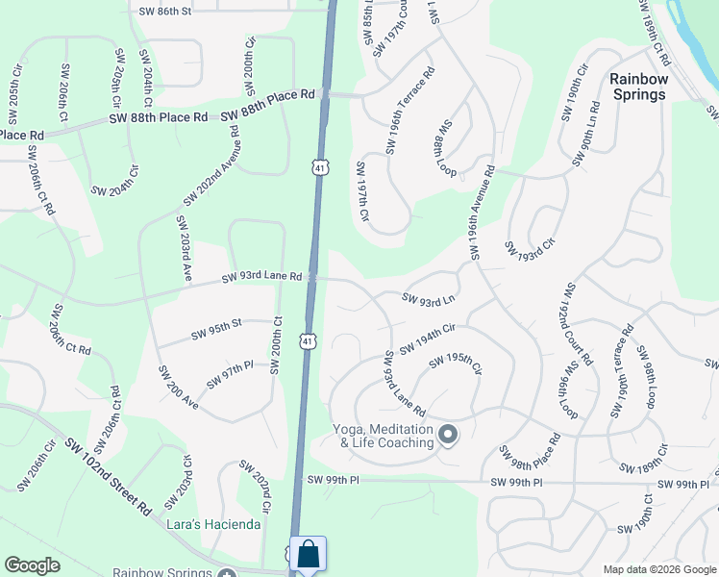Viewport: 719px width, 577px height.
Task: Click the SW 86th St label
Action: [x=165, y=11]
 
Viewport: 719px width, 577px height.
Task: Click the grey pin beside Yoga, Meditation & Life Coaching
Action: [x=448, y=436]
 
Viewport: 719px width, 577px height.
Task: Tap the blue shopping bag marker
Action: [x=308, y=555]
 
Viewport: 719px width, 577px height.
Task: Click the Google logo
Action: [x=33, y=565]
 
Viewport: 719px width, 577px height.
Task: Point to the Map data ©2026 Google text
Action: [x=658, y=569]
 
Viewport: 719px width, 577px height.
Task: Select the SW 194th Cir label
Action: [x=428, y=338]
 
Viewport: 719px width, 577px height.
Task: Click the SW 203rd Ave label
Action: [x=183, y=248]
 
